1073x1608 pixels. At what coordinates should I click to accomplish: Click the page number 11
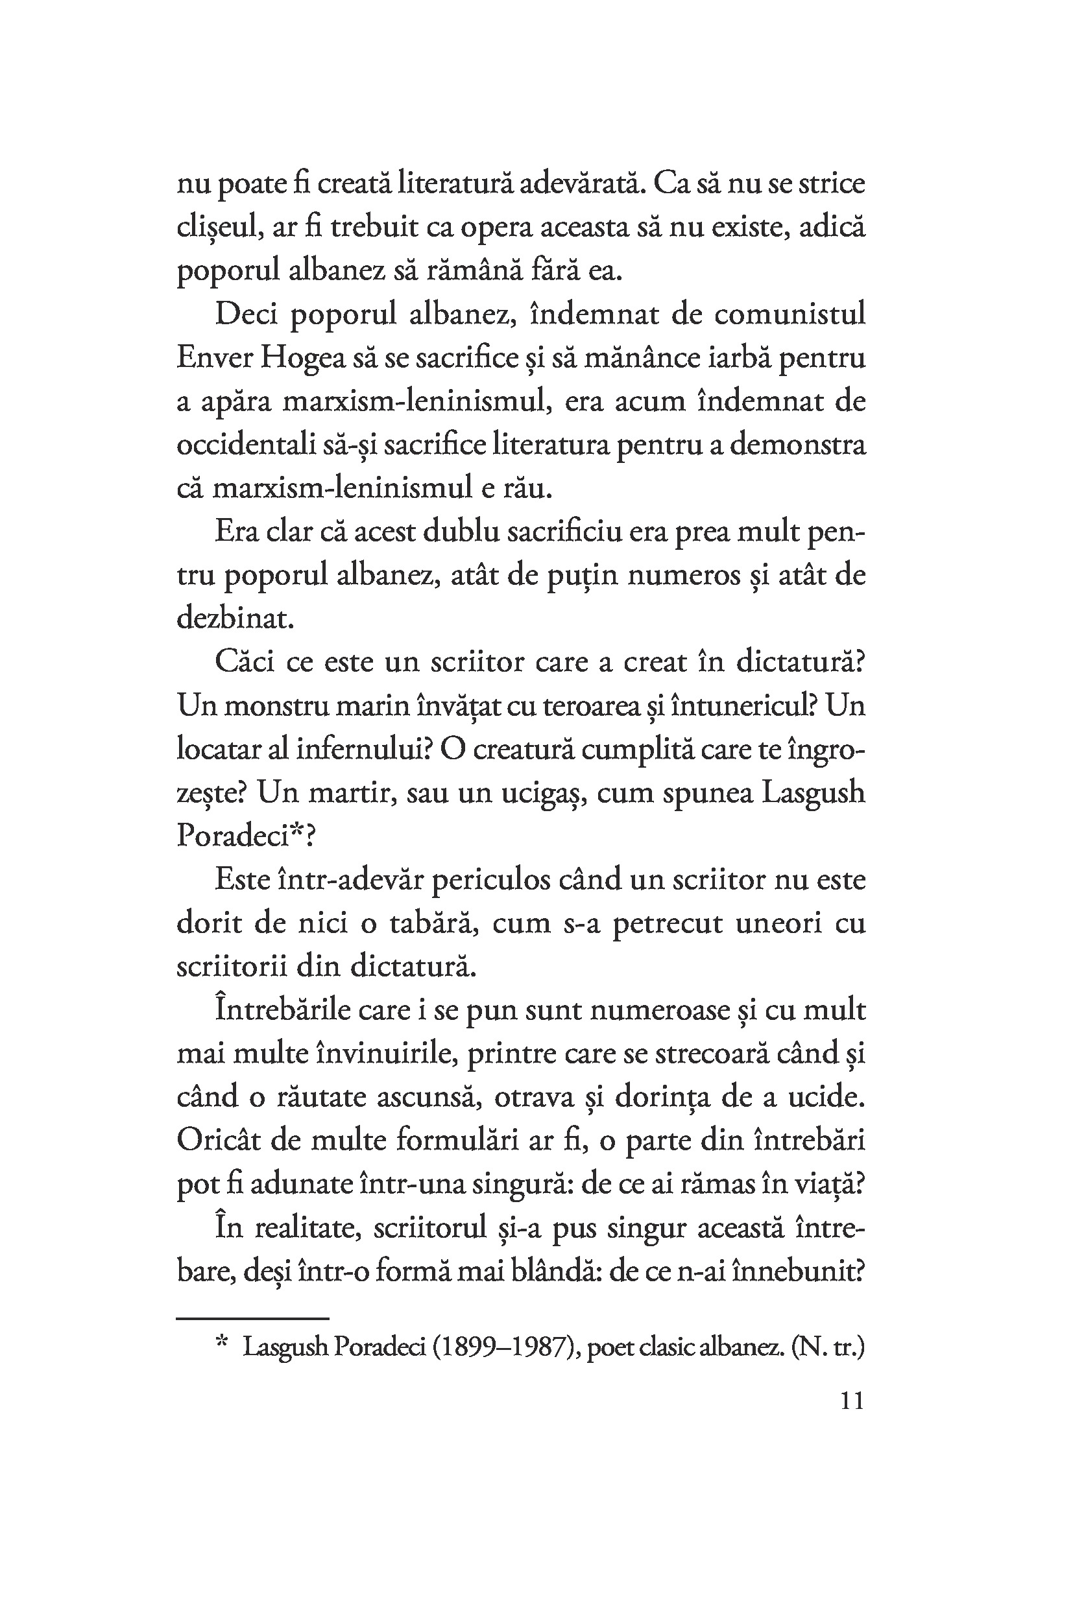click(851, 1401)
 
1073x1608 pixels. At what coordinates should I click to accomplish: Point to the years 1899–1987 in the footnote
click(507, 1347)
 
